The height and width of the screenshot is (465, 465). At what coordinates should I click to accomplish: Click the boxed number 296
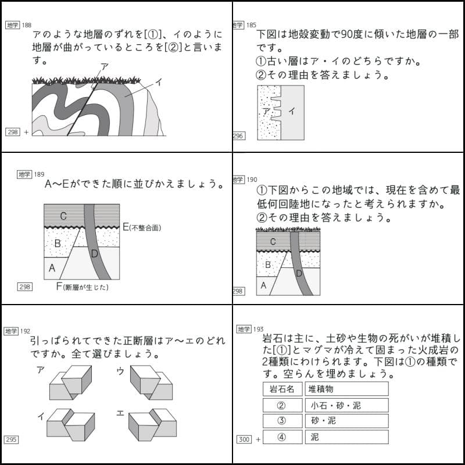click(238, 135)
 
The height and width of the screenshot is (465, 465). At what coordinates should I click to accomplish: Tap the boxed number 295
click(12, 439)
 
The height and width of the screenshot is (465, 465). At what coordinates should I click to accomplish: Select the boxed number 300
click(244, 439)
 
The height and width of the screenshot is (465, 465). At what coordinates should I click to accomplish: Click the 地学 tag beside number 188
click(12, 25)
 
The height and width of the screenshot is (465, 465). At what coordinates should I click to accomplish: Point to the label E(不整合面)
click(142, 227)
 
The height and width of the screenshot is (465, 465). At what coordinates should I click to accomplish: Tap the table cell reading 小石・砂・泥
click(346, 405)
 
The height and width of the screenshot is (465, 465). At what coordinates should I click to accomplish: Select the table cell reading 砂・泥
click(346, 421)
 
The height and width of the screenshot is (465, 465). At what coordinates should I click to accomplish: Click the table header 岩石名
click(282, 389)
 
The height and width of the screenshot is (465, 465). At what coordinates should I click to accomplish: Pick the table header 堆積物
click(346, 389)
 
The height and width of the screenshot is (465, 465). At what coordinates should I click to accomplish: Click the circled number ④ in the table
click(282, 437)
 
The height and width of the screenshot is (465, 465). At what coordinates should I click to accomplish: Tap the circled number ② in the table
click(282, 405)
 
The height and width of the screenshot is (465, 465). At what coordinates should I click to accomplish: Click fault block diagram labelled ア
click(71, 383)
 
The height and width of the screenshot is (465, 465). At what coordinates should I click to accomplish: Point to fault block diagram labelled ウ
click(150, 383)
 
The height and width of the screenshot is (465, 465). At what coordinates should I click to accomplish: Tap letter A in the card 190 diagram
click(263, 285)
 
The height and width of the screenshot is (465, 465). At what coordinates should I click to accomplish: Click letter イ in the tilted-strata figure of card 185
click(292, 110)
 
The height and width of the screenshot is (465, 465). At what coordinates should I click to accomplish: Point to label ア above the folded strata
click(104, 67)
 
